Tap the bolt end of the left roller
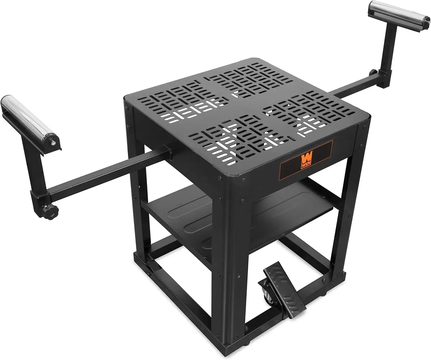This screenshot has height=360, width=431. tap(53, 142)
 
